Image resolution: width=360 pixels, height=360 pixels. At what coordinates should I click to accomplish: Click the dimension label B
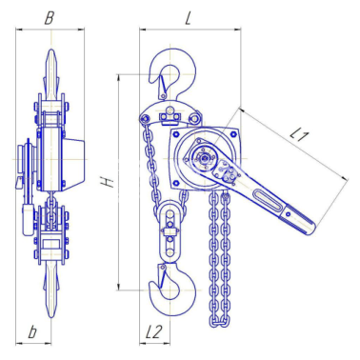coord(49,19)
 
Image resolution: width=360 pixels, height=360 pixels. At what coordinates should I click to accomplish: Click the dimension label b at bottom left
coord(32,331)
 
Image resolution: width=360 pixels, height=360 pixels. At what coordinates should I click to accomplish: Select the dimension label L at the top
coord(189,19)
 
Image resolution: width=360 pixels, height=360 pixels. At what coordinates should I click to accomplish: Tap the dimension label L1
coord(299,135)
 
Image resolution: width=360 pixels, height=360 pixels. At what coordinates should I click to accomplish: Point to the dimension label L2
coord(153,331)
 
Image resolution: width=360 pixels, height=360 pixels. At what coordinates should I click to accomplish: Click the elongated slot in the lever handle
coord(268,200)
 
